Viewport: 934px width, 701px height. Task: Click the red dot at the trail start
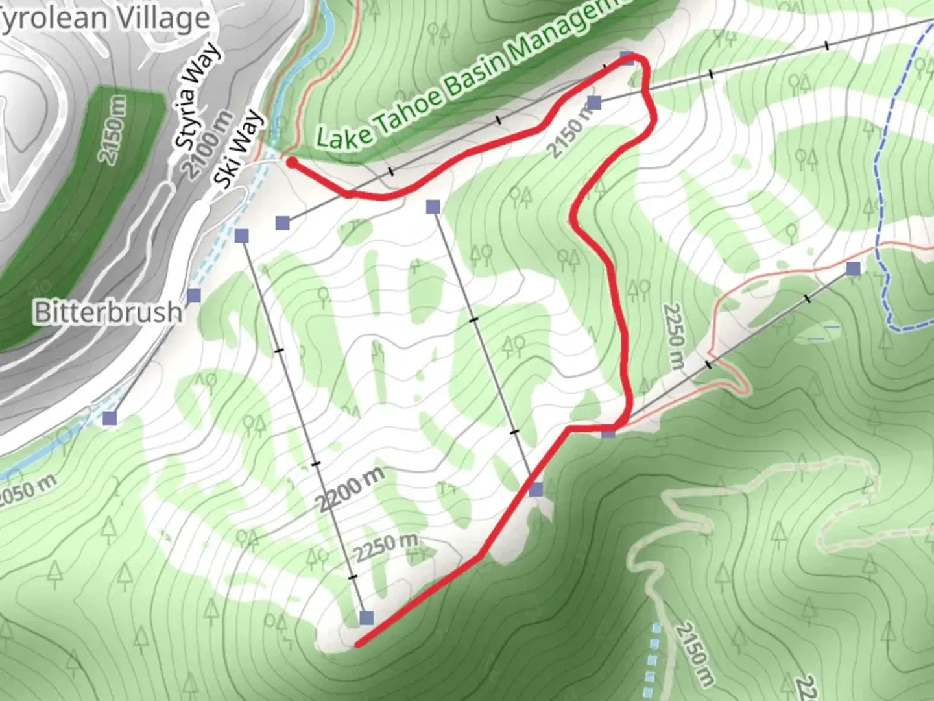coord(293,163)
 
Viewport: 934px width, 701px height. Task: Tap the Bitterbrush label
coord(108,312)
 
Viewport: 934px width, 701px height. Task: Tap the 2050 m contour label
coord(27,489)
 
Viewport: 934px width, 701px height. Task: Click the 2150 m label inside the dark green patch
coord(114,129)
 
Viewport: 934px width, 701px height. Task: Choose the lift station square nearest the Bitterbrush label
coord(194,296)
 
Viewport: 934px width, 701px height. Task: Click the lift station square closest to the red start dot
coord(282,223)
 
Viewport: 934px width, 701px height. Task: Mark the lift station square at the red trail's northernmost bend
coord(627,58)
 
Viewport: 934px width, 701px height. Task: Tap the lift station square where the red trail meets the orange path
coord(608,431)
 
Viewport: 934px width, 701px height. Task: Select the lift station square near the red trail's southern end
coord(366,617)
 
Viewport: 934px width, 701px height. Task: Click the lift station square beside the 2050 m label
coord(110,417)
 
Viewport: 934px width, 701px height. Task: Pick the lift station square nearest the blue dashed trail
coord(854,268)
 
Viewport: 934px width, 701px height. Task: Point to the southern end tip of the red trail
coord(357,645)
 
